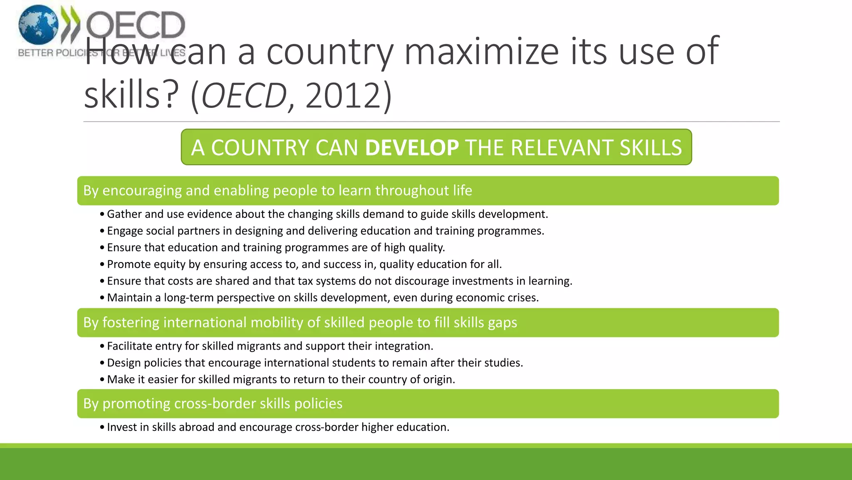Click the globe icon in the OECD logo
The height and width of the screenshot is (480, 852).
[x=38, y=25]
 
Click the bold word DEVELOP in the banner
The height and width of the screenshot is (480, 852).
[x=412, y=147]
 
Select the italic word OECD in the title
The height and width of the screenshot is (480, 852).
[x=244, y=96]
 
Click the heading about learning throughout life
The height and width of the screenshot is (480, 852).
[x=277, y=190]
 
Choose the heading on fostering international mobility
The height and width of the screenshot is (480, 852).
[x=300, y=322]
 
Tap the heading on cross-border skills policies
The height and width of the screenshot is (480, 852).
[x=213, y=403]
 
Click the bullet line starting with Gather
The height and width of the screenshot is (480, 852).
[x=327, y=214]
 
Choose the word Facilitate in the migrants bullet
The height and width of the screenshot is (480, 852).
[x=129, y=346]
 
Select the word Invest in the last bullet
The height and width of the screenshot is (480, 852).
[x=121, y=427]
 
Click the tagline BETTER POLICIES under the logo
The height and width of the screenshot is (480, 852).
[x=58, y=53]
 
